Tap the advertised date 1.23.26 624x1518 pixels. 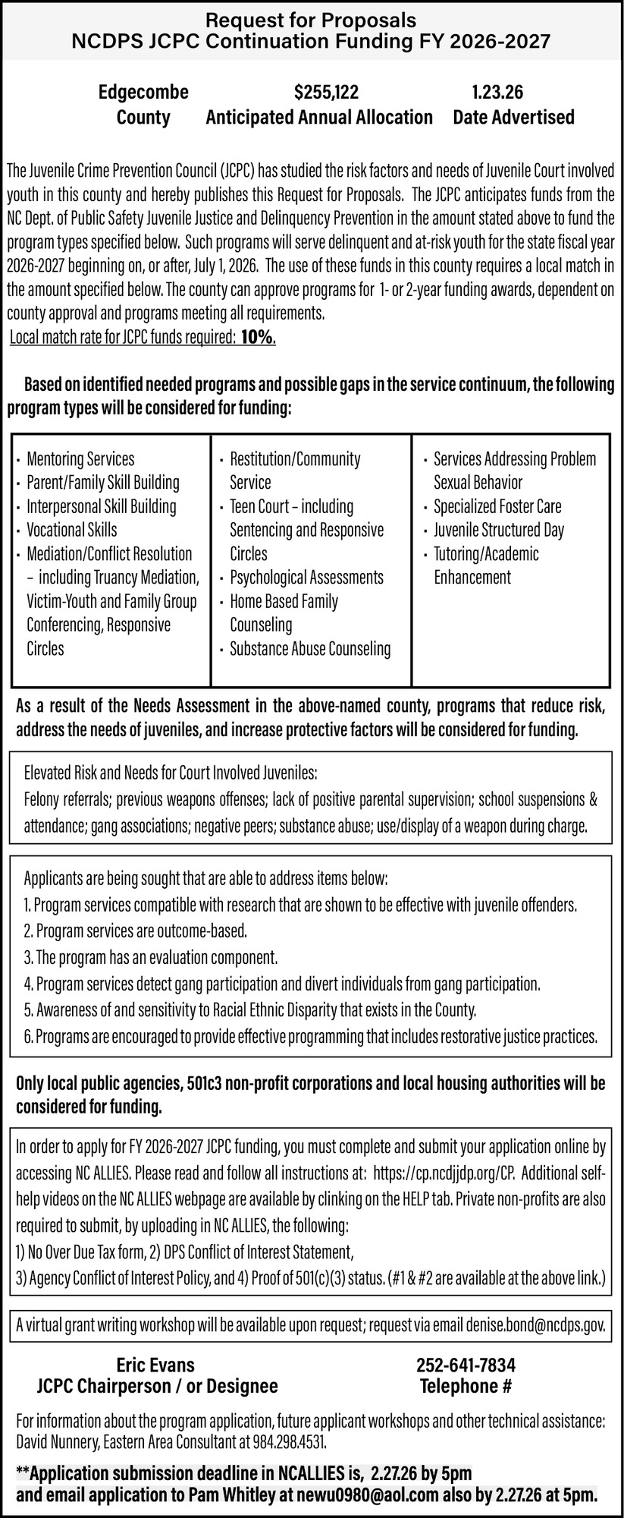click(497, 93)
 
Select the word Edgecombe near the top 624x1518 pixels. click(143, 93)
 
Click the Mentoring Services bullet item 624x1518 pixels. click(80, 458)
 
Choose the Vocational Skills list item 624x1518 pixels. click(72, 530)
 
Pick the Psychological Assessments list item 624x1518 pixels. click(306, 577)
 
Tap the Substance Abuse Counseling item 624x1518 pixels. click(310, 648)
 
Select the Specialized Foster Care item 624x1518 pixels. click(497, 506)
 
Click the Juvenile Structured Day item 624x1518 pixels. click(499, 530)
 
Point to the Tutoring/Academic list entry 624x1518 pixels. click(486, 553)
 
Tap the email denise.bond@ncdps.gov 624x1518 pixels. click(535, 1325)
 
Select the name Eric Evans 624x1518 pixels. click(155, 1365)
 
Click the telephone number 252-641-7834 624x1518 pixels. click(466, 1365)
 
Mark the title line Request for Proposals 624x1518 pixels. click(312, 19)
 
